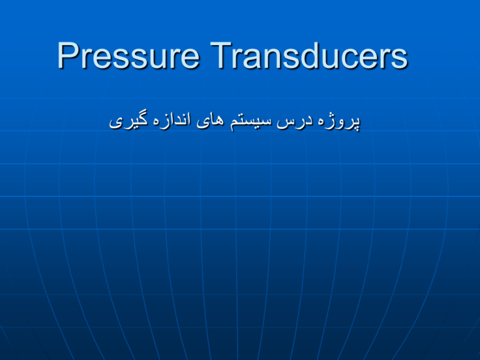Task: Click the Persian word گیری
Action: coord(131,121)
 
